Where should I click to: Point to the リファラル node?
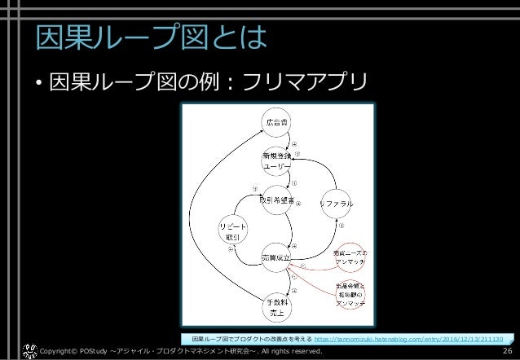pyautogui.click(x=334, y=200)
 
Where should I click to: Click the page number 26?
pyautogui.click(x=507, y=351)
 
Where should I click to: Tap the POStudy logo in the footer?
pyautogui.click(x=28, y=351)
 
